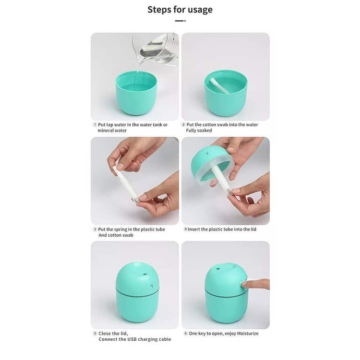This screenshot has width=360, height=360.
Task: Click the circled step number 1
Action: click(95, 125)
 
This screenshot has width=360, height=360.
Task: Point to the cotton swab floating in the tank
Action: click(219, 86)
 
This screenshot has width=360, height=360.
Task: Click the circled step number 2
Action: click(183, 125)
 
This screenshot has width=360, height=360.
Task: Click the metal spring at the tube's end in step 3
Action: click(136, 200)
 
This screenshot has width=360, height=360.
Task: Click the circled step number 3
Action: click(95, 229)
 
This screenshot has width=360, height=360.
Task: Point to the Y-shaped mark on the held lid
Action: click(207, 153)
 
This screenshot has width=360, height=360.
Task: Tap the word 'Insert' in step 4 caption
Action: click(194, 229)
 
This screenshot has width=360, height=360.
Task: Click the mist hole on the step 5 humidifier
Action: click(145, 274)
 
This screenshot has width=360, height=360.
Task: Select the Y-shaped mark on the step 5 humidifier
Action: click(152, 286)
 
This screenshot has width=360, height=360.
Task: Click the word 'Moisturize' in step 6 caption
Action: click(248, 334)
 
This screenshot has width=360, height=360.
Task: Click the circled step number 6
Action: click(186, 334)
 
